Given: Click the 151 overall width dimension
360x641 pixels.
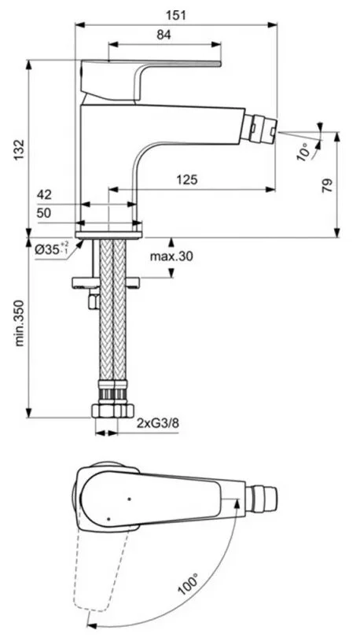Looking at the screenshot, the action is point(176,15).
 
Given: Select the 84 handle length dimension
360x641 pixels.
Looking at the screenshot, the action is point(163,35).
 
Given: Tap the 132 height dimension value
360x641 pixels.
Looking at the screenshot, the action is point(20,150).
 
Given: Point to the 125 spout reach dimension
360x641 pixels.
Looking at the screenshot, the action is point(188,179).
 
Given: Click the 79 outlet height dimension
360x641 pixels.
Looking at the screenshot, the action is point(327,186).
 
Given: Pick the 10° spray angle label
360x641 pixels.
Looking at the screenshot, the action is point(304,152).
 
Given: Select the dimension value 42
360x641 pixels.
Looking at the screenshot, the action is point(45,194).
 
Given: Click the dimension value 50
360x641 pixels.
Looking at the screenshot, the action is point(45,213).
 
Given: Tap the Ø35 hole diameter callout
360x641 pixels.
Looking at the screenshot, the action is point(52,249).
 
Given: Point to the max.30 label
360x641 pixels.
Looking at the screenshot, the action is point(171,256).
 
